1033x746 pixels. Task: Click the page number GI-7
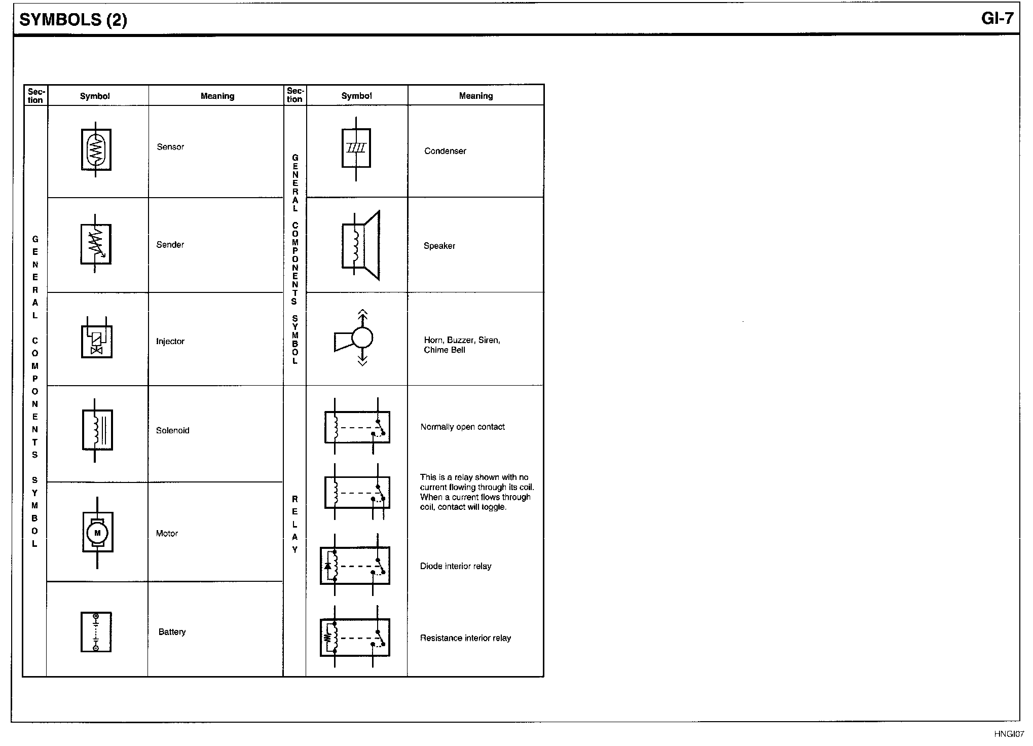click(997, 18)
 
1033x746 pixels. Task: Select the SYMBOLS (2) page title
click(73, 20)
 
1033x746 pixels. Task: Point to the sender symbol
click(96, 244)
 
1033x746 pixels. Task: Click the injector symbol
click(97, 338)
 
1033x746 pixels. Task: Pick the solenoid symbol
click(97, 430)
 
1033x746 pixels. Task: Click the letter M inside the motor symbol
click(98, 533)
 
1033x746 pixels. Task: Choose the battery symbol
click(96, 632)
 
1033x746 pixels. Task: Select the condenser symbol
click(356, 148)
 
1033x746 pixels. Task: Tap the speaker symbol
click(361, 245)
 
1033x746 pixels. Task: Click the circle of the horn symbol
click(362, 337)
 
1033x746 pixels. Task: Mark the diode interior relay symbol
click(355, 565)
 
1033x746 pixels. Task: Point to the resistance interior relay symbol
click(355, 637)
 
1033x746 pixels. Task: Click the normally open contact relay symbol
click(357, 426)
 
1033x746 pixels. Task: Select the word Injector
click(170, 342)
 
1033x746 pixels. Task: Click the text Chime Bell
click(445, 350)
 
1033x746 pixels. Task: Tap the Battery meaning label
click(172, 632)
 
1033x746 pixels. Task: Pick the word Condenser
click(445, 151)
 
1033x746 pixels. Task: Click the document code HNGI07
click(1009, 734)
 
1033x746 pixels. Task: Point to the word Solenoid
click(173, 431)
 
